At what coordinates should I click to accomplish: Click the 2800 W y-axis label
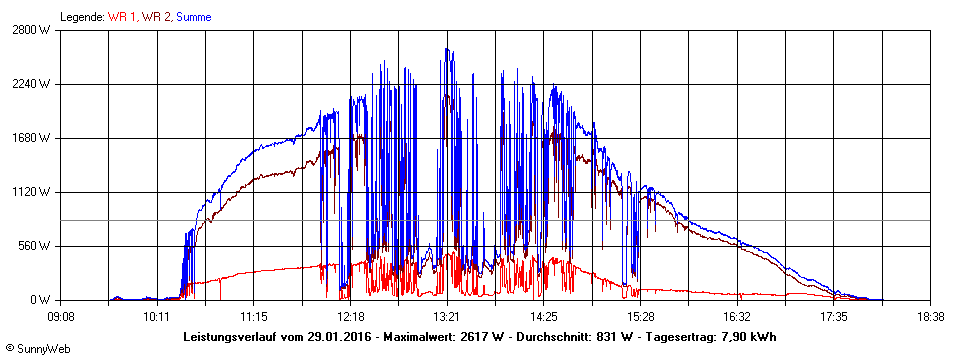click(x=33, y=30)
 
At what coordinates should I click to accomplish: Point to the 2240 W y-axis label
click(x=33, y=84)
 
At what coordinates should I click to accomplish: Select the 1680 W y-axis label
click(x=33, y=138)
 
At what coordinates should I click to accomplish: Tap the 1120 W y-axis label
click(x=33, y=192)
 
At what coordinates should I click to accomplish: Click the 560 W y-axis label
click(x=36, y=246)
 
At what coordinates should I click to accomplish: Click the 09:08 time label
click(x=61, y=316)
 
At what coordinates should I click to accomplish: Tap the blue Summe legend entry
click(x=193, y=17)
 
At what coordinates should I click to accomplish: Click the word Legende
click(x=80, y=17)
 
